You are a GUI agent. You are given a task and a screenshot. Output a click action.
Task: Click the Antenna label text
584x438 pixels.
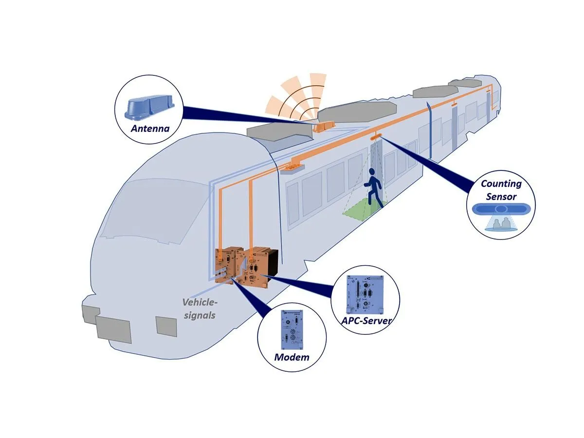150,129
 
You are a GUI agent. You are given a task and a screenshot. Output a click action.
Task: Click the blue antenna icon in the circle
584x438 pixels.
147,108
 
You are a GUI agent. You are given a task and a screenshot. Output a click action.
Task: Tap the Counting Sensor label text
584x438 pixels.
501,190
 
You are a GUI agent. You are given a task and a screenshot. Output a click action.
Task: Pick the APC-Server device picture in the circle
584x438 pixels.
363,294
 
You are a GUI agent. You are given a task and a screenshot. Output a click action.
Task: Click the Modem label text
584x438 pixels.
292,357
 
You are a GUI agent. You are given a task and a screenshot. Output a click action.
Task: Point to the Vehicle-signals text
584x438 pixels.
200,309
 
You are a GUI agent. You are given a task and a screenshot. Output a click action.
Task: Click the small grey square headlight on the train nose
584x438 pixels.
166,326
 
